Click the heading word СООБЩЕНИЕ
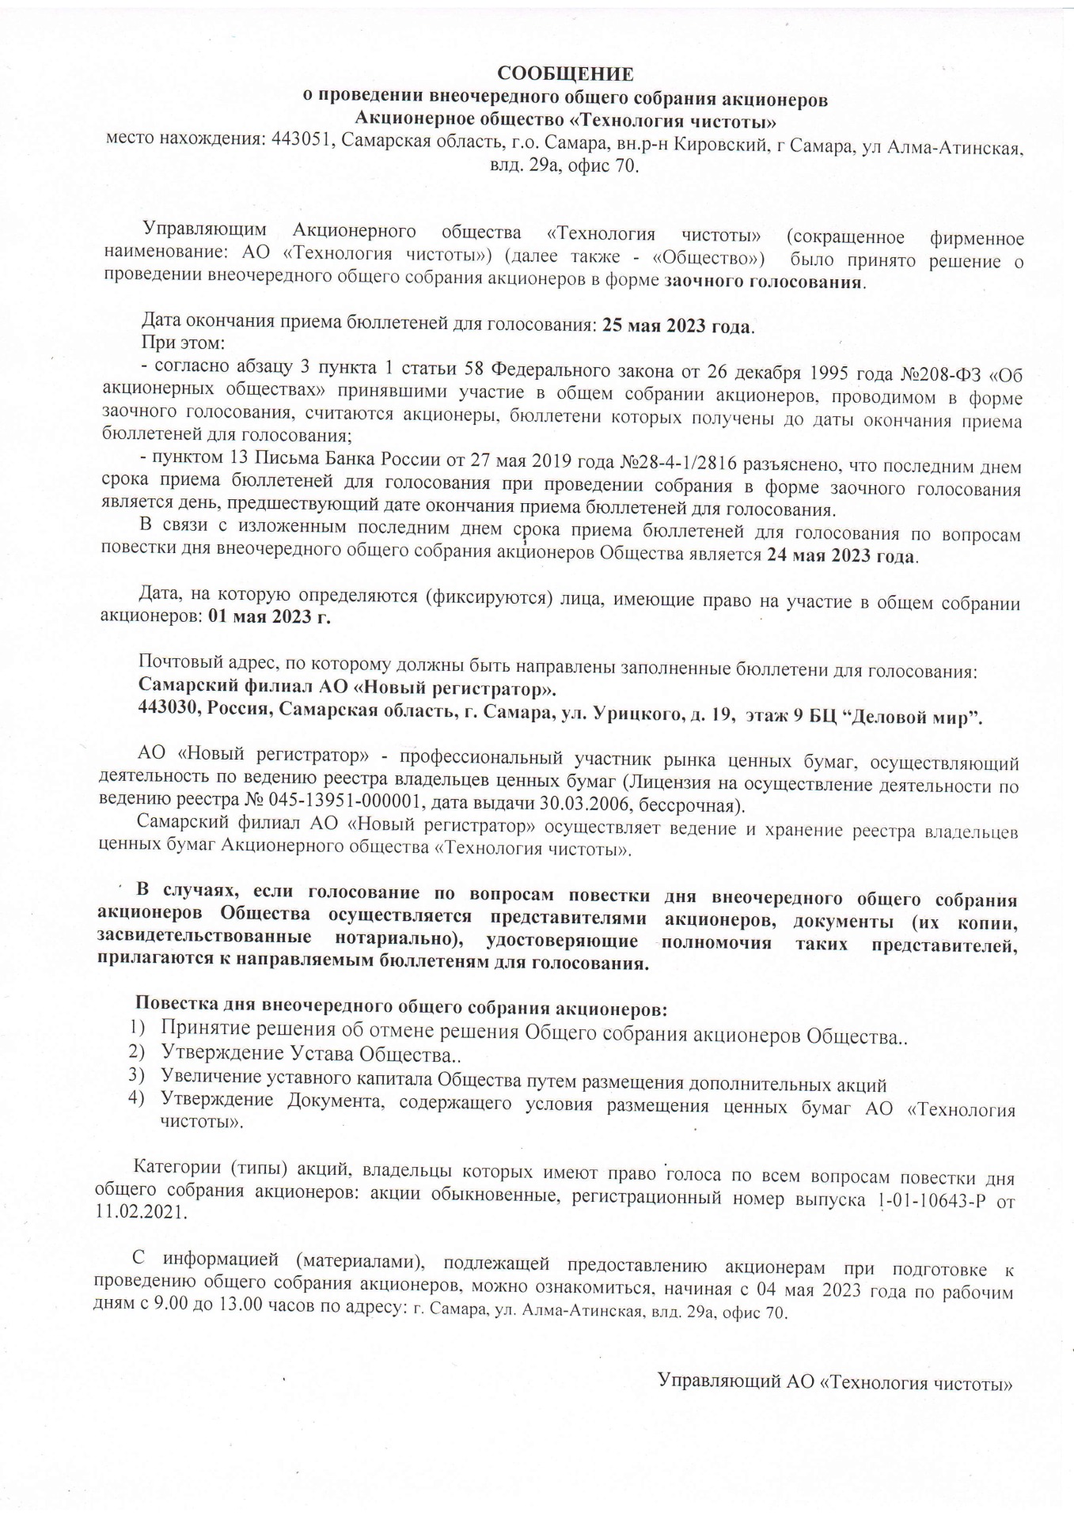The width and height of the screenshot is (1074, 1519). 565,74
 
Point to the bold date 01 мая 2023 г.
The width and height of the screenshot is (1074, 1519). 269,618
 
